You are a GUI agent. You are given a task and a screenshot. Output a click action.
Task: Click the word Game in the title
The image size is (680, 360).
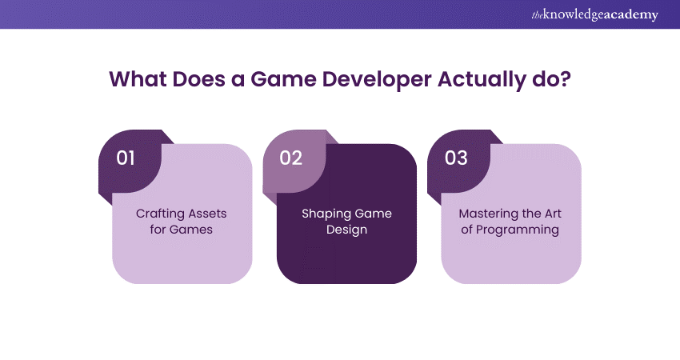click(x=283, y=79)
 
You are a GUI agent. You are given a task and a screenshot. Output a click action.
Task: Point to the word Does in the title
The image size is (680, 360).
click(x=198, y=79)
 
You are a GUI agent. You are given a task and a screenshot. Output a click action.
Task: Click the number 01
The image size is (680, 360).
click(x=126, y=158)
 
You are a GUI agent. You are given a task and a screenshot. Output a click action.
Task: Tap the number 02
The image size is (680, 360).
click(x=290, y=158)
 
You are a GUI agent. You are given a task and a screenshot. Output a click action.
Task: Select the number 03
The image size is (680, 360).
click(x=456, y=158)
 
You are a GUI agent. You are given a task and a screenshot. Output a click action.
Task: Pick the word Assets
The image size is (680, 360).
click(x=207, y=214)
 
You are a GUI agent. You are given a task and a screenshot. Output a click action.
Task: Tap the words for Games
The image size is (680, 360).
click(x=182, y=229)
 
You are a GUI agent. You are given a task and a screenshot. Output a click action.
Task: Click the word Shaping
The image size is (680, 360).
click(x=322, y=214)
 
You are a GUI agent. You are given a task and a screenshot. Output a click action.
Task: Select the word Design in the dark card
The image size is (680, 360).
click(x=346, y=230)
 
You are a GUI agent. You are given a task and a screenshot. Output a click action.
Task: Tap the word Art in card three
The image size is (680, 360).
click(x=553, y=214)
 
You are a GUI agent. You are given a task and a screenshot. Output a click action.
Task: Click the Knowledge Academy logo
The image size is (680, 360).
click(x=594, y=14)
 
